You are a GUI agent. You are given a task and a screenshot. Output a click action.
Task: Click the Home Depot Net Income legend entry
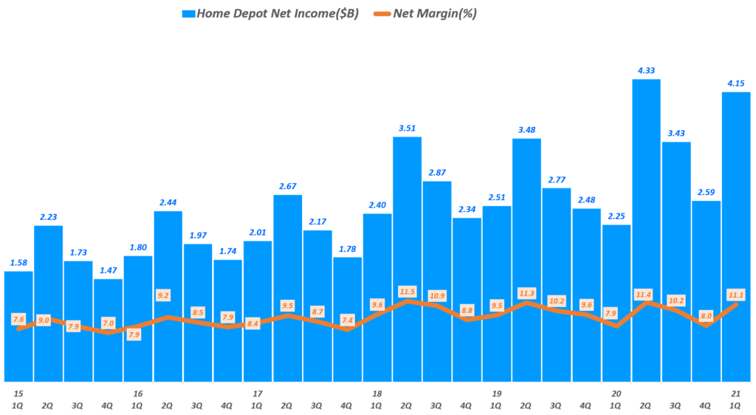[270, 13]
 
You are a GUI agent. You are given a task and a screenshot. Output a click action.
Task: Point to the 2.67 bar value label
[287, 186]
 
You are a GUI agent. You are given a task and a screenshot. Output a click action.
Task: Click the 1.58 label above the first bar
[18, 263]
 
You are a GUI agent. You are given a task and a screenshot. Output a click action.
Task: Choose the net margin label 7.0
[108, 323]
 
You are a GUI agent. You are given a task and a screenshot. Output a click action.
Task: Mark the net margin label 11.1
[736, 295]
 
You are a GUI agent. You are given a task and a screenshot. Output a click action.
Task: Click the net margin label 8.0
[706, 315]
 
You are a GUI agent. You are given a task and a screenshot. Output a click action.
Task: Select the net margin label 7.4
[347, 320]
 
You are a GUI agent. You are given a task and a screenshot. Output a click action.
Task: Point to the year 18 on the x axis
[377, 394]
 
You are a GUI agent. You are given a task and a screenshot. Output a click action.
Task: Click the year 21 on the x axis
[736, 394]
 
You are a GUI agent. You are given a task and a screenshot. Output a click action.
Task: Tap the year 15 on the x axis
[18, 394]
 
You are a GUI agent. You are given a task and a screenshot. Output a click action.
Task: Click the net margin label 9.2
[168, 295]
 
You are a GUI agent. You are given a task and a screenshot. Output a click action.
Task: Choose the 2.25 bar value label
[616, 216]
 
